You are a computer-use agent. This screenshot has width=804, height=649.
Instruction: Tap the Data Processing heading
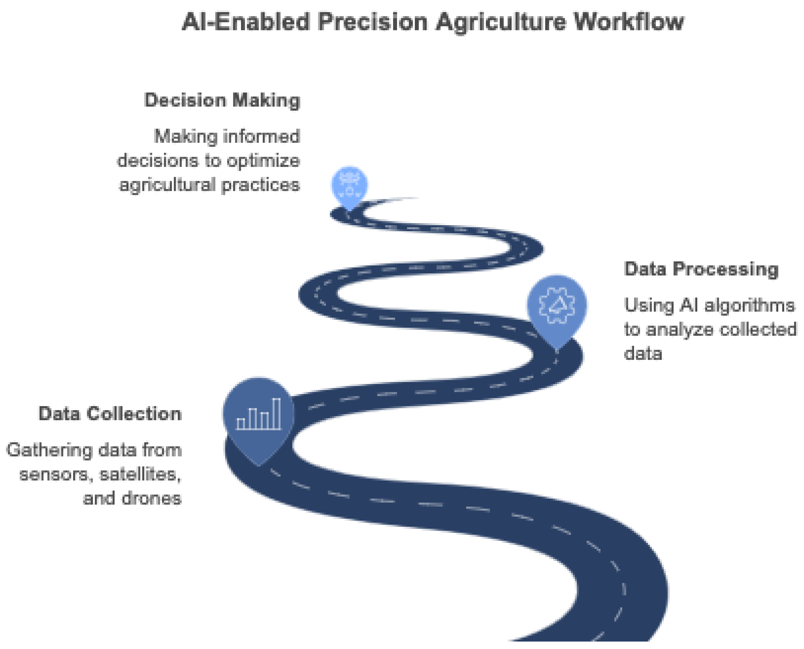(x=701, y=269)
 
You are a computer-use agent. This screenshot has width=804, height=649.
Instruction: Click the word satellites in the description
(x=140, y=474)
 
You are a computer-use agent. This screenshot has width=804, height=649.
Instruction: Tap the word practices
(x=260, y=185)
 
